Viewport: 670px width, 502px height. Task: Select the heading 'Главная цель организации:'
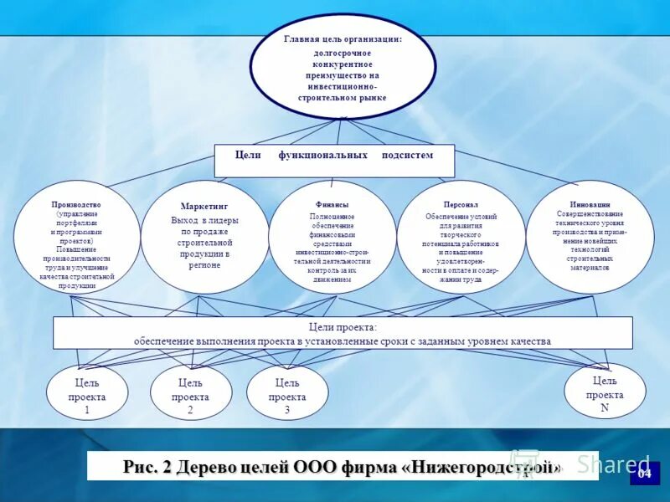coord(343,38)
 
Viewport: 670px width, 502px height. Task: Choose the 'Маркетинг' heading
coord(204,206)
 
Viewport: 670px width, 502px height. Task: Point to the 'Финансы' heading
coord(332,204)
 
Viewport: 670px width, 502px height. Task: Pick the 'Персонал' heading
coord(461,204)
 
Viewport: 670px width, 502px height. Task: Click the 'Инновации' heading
coord(590,204)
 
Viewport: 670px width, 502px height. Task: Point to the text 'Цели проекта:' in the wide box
coord(343,326)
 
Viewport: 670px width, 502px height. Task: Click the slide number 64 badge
coord(644,474)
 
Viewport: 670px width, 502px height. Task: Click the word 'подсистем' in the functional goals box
coord(408,155)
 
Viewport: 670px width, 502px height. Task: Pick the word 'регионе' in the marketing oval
coord(204,265)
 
